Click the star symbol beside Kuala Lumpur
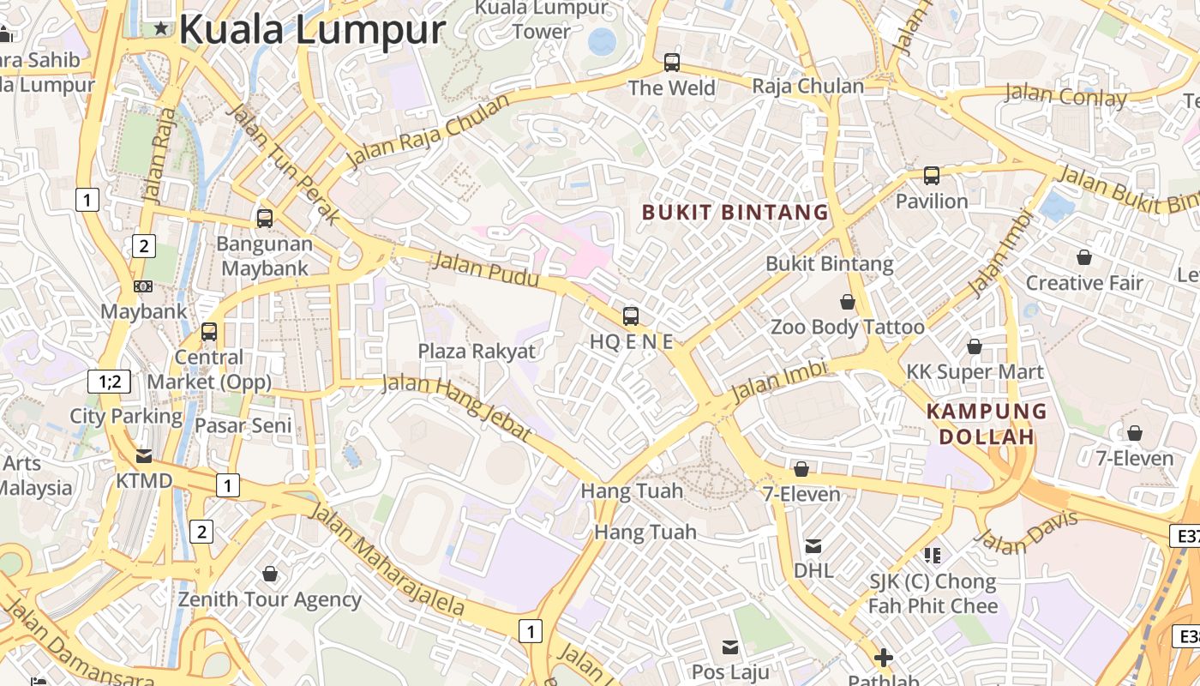coord(161,28)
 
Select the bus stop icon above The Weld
coord(672,63)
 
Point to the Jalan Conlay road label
coord(1065,94)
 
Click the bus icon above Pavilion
coord(932,176)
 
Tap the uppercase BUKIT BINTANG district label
coord(735,212)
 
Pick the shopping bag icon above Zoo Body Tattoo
coord(848,302)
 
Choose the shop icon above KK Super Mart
coord(975,346)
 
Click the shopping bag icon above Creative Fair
coord(1084,257)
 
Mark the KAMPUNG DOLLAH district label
coord(987,424)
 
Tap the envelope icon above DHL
coord(813,545)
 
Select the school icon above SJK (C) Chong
coord(933,556)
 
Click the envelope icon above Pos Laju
coord(730,647)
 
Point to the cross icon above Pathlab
coord(884,659)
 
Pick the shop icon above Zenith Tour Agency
coord(270,574)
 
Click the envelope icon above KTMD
coord(144,455)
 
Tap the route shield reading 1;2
coord(110,382)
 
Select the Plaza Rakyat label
coord(477,351)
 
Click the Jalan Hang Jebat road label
coord(456,408)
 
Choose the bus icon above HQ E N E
coord(631,316)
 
